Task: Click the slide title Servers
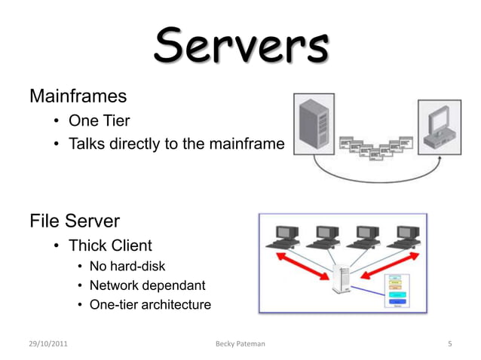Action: tap(241, 47)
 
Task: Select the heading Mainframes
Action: tap(78, 96)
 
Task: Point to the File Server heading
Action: tap(75, 221)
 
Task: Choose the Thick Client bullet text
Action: tap(110, 246)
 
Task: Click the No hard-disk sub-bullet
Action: tap(127, 266)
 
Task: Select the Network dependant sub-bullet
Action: tap(147, 285)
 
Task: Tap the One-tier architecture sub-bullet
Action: tap(150, 305)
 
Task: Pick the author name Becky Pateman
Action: tap(240, 344)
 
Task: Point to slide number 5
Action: tap(449, 344)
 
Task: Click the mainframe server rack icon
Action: tap(312, 126)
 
